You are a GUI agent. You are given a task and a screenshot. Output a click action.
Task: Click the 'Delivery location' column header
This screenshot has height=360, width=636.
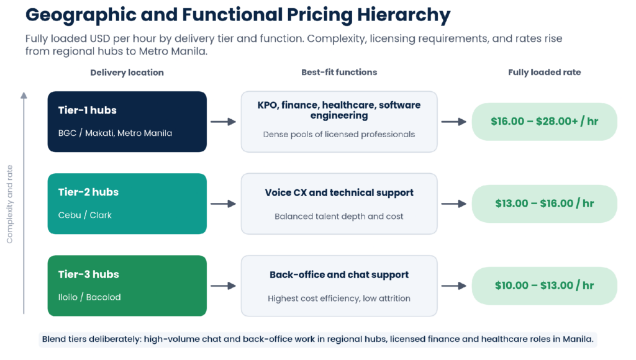(127, 73)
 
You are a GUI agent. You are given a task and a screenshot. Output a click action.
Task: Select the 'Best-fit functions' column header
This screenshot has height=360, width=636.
(339, 72)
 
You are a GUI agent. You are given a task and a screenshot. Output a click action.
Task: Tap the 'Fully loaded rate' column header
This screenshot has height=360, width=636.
(544, 72)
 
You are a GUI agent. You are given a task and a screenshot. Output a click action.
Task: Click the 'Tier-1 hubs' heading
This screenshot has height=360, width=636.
(87, 110)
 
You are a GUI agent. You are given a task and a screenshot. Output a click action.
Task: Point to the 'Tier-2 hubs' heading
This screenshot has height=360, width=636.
(88, 192)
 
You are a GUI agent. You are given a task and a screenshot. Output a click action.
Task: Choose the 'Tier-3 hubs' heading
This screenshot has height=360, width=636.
(88, 274)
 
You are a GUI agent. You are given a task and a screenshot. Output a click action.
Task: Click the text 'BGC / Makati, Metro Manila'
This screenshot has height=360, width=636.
(115, 133)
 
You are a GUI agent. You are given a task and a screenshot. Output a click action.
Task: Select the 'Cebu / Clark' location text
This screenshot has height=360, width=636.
(84, 215)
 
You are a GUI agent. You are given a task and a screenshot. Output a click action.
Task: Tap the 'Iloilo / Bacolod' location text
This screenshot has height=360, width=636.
(89, 297)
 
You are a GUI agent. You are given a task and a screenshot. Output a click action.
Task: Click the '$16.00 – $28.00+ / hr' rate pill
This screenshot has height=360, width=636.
(544, 122)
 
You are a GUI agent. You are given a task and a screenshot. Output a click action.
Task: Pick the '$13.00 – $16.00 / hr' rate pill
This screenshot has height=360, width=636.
(544, 204)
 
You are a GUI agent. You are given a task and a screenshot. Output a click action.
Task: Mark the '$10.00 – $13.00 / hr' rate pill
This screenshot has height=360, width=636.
(544, 286)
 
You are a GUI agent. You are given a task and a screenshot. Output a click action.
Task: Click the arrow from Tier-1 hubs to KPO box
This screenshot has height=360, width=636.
(224, 122)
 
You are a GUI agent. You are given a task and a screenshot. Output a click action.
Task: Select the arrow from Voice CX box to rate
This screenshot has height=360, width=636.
(454, 204)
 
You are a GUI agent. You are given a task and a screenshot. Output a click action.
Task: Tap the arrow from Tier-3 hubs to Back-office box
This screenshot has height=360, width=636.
(224, 286)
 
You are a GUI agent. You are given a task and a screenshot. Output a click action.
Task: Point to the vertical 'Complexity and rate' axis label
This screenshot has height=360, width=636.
(10, 204)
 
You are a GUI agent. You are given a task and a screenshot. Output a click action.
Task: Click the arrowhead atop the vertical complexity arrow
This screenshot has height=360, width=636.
(24, 95)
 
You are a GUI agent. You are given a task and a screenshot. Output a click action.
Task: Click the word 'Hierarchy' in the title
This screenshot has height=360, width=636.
(404, 16)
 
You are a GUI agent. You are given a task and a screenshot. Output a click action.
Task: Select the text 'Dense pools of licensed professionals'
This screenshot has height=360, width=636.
(339, 135)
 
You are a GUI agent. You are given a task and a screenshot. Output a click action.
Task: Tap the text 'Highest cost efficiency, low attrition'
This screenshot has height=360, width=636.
(339, 299)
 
